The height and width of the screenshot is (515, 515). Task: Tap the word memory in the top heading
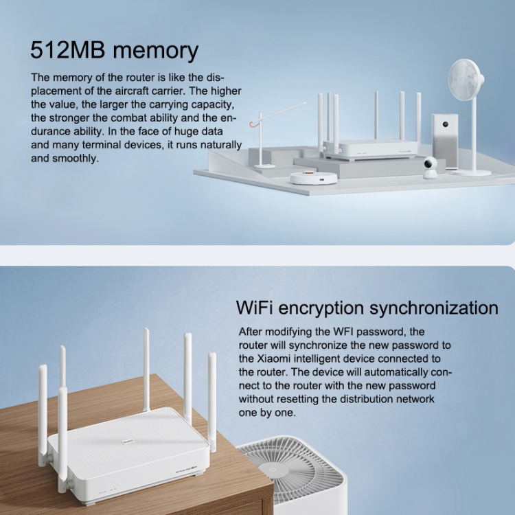pos(156,51)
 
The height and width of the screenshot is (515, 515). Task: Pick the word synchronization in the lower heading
pos(433,309)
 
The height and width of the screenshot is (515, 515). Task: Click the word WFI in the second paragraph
pos(343,332)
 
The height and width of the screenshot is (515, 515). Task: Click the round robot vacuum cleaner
pos(313,177)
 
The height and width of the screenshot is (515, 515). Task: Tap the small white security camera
pos(431,168)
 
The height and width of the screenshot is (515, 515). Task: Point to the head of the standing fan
pos(466,80)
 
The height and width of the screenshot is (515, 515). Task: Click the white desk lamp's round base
pos(264,166)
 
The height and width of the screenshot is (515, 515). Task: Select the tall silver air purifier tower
pos(445,141)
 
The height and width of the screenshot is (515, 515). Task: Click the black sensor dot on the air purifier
pos(446,124)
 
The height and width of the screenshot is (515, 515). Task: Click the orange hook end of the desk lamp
pos(252,125)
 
